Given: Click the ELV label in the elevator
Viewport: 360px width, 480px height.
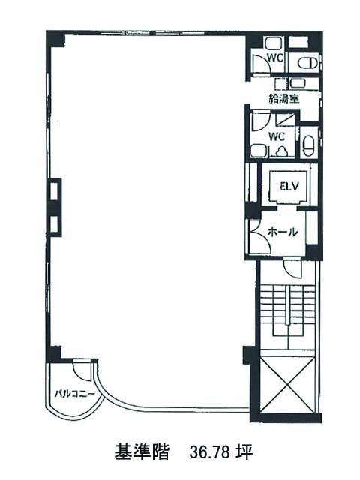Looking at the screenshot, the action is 289,187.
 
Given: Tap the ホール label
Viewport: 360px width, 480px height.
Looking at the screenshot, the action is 283,232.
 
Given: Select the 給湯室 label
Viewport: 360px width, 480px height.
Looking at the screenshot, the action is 283,98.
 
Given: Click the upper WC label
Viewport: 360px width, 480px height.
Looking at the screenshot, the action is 275,58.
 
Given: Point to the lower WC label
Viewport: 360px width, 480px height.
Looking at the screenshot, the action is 277,136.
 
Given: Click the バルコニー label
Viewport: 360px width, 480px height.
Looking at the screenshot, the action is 74,393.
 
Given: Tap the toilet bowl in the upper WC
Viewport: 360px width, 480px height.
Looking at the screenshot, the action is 309,64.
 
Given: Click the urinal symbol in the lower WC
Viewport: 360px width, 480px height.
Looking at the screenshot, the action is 281,151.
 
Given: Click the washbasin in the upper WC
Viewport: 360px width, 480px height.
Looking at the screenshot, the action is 270,43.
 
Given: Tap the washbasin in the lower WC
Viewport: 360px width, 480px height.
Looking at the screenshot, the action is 257,151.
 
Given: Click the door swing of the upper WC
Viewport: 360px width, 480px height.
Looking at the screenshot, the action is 262,64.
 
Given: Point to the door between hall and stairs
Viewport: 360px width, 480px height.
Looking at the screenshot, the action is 292,268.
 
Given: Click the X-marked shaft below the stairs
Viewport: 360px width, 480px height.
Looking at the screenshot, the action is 286,383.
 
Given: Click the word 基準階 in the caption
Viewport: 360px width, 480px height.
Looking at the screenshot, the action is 142,451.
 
